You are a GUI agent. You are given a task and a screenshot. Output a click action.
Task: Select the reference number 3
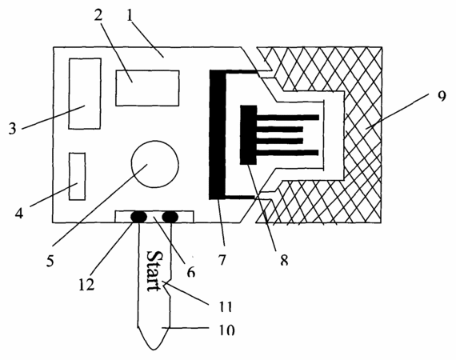pos(12,128)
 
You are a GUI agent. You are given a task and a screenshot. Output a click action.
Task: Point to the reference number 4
pos(19,214)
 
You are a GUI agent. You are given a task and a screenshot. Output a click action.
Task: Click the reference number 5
pos(50,261)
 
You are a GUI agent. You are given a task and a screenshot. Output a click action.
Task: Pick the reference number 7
pos(222,260)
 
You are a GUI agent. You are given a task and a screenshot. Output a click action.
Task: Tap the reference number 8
pos(284,260)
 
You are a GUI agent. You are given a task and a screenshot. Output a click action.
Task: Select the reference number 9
pos(442,96)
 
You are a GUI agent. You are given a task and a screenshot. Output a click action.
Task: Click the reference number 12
pos(86,284)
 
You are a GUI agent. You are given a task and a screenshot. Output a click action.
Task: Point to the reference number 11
pos(225,306)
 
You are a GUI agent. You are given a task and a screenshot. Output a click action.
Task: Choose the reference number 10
pos(226,330)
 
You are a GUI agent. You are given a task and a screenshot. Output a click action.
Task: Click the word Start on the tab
pos(153,270)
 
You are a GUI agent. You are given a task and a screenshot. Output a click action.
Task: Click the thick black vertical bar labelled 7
pos(217,134)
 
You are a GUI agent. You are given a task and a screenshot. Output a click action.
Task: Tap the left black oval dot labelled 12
pos(139,217)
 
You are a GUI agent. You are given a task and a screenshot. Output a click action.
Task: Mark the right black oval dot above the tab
pos(170,217)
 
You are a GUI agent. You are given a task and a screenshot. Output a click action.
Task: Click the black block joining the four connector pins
pos(248,135)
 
